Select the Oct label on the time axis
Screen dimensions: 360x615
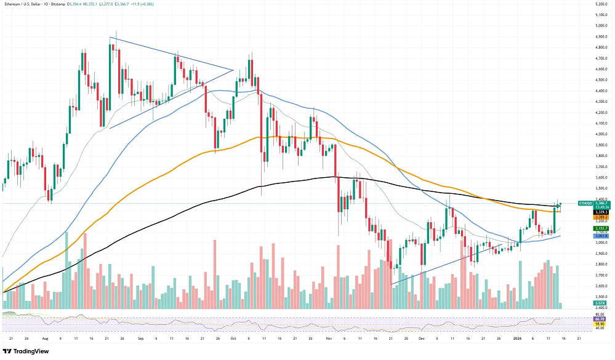pos(233,338)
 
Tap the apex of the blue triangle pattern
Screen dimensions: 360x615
pos(233,70)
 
